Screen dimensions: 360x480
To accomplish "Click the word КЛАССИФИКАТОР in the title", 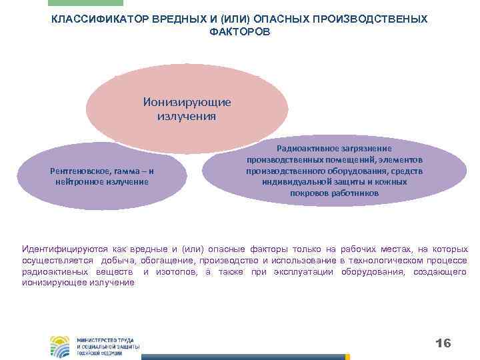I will (92, 19).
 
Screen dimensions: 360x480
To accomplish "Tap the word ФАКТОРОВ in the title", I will (239, 31).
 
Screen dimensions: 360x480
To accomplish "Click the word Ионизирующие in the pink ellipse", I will (187, 103).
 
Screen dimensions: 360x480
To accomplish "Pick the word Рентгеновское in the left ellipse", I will (78, 171).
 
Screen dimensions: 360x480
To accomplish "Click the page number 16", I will (443, 343).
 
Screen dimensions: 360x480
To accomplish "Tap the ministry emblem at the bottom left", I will (61, 346).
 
